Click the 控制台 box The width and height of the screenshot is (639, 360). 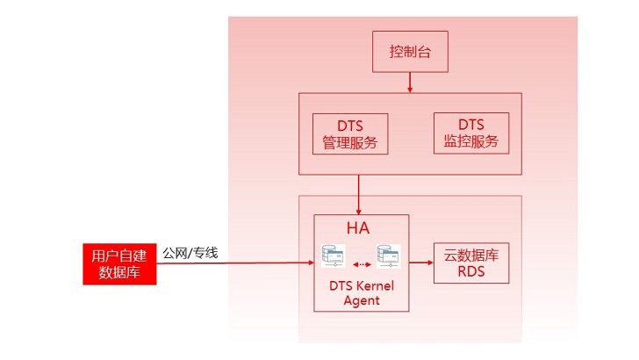click(x=410, y=52)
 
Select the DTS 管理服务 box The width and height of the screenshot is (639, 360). click(x=350, y=133)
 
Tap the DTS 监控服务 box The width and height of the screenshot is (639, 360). click(x=471, y=133)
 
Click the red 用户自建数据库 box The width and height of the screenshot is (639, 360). click(x=119, y=263)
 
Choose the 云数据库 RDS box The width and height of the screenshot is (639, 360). click(x=471, y=263)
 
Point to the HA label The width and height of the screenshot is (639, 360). click(x=358, y=228)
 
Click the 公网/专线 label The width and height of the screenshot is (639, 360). click(x=190, y=253)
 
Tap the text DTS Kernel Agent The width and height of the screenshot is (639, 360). click(x=362, y=293)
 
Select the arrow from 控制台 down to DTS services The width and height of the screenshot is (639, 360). click(x=410, y=83)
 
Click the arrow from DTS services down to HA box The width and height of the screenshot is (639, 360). click(x=359, y=195)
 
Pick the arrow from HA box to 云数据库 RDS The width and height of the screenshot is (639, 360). click(x=421, y=263)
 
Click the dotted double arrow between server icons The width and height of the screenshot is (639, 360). click(x=362, y=264)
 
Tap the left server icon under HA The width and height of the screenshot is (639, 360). click(x=334, y=256)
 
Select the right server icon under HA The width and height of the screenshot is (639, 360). click(x=388, y=256)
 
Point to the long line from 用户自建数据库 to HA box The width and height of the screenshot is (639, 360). click(x=235, y=263)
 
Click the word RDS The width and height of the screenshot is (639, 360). click(x=471, y=271)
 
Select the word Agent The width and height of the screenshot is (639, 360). click(x=362, y=300)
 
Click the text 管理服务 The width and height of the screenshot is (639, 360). click(x=350, y=143)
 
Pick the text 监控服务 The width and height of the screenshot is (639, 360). click(x=471, y=141)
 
